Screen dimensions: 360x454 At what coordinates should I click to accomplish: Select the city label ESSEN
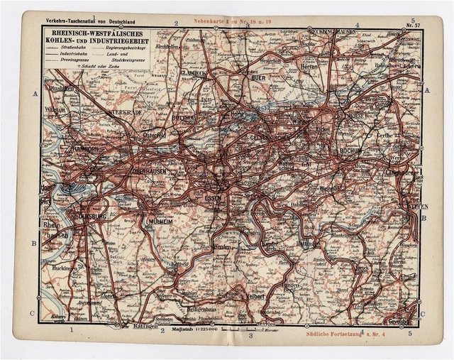pyautogui.click(x=213, y=197)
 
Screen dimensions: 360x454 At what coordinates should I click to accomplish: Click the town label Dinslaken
pyautogui.click(x=62, y=89)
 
